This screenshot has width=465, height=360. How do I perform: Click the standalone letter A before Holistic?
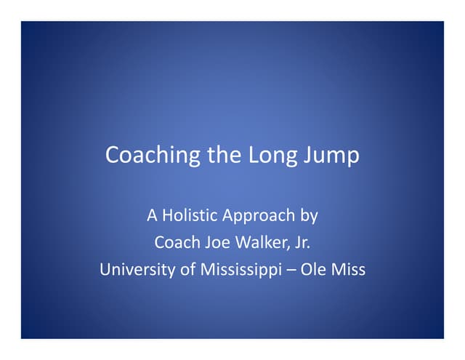pos(152,215)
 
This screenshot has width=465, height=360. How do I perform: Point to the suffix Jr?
pos(301,243)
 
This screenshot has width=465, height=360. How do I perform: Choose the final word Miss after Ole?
pos(347,271)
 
